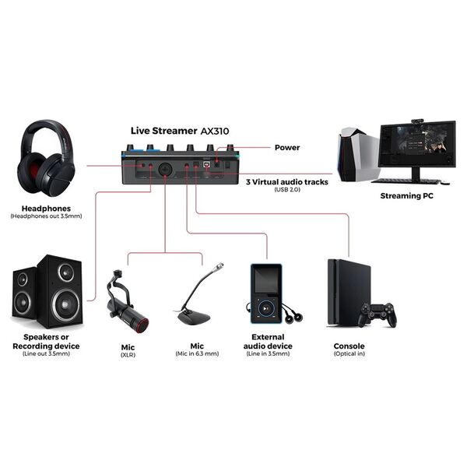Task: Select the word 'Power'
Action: pos(286,147)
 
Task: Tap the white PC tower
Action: pos(357,153)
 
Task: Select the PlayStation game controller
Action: pos(377,315)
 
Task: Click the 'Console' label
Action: pos(349,346)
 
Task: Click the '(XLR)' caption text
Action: pos(127,355)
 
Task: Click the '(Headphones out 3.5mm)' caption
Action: pos(46,216)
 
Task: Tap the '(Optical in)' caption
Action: pos(349,355)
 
